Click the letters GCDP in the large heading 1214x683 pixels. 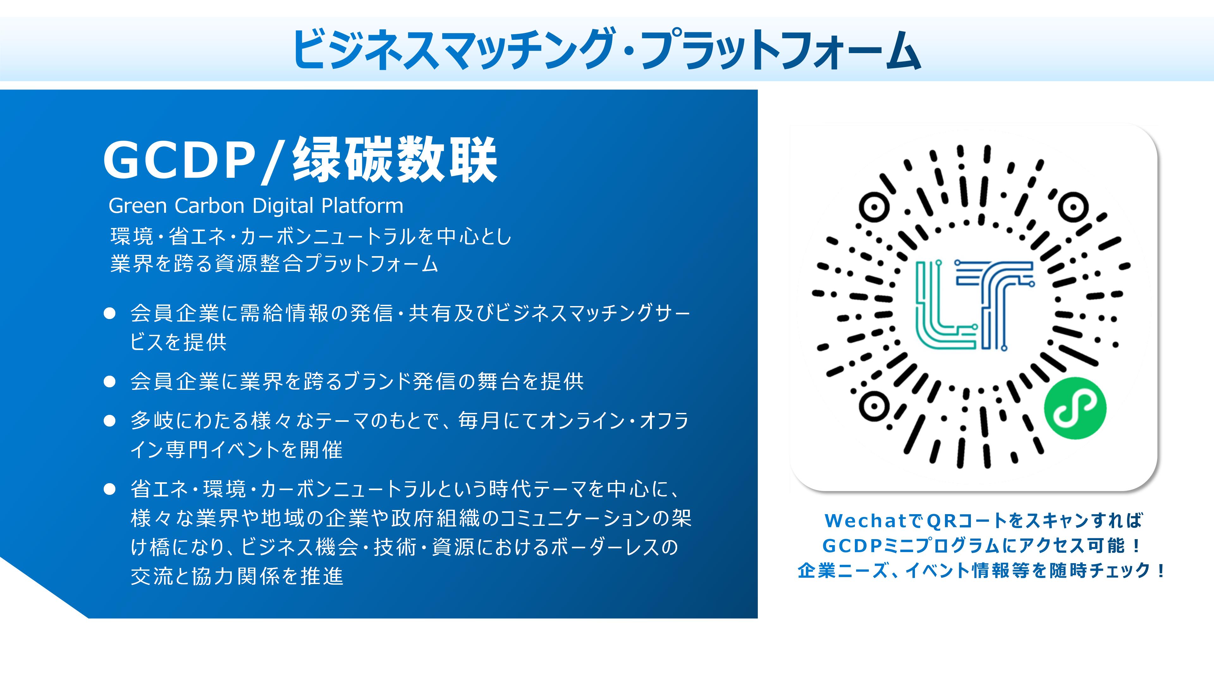click(179, 161)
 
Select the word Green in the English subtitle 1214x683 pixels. click(138, 206)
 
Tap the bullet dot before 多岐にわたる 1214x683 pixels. click(110, 421)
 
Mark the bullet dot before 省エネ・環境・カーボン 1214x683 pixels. click(110, 489)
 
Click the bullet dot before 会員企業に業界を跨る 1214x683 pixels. click(110, 381)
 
